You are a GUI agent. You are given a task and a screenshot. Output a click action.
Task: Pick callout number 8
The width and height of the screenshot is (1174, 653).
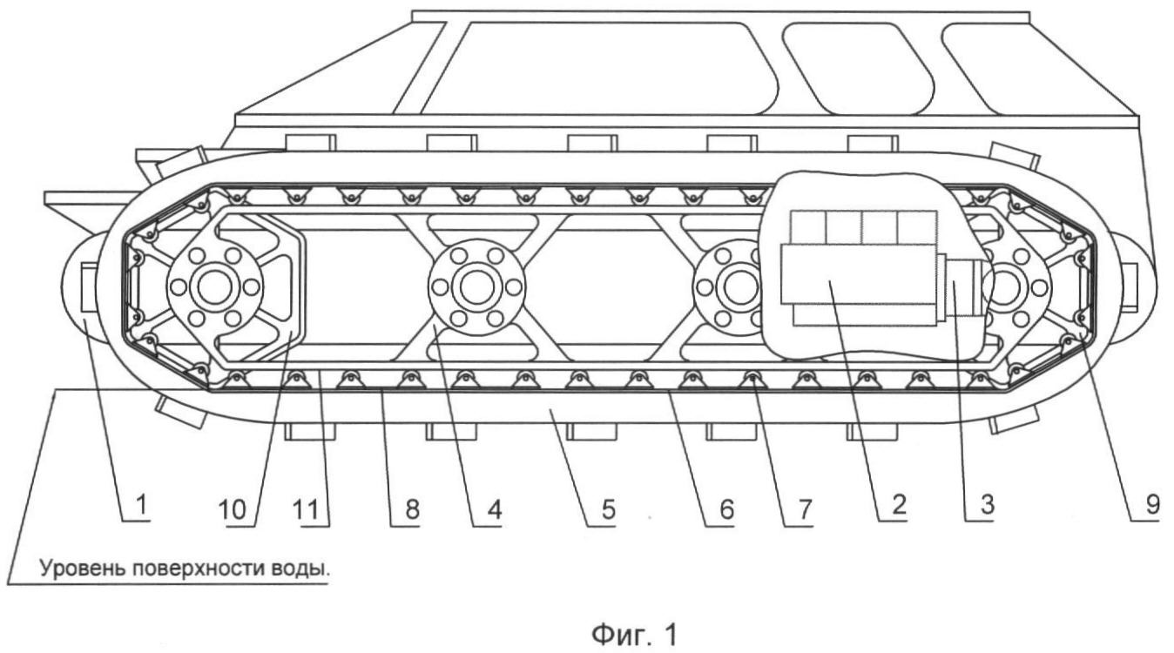point(407,508)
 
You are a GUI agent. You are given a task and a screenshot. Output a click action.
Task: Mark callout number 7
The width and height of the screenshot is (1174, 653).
point(793,508)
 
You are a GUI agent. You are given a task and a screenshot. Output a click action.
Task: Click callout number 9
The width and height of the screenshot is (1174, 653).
point(1150,508)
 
